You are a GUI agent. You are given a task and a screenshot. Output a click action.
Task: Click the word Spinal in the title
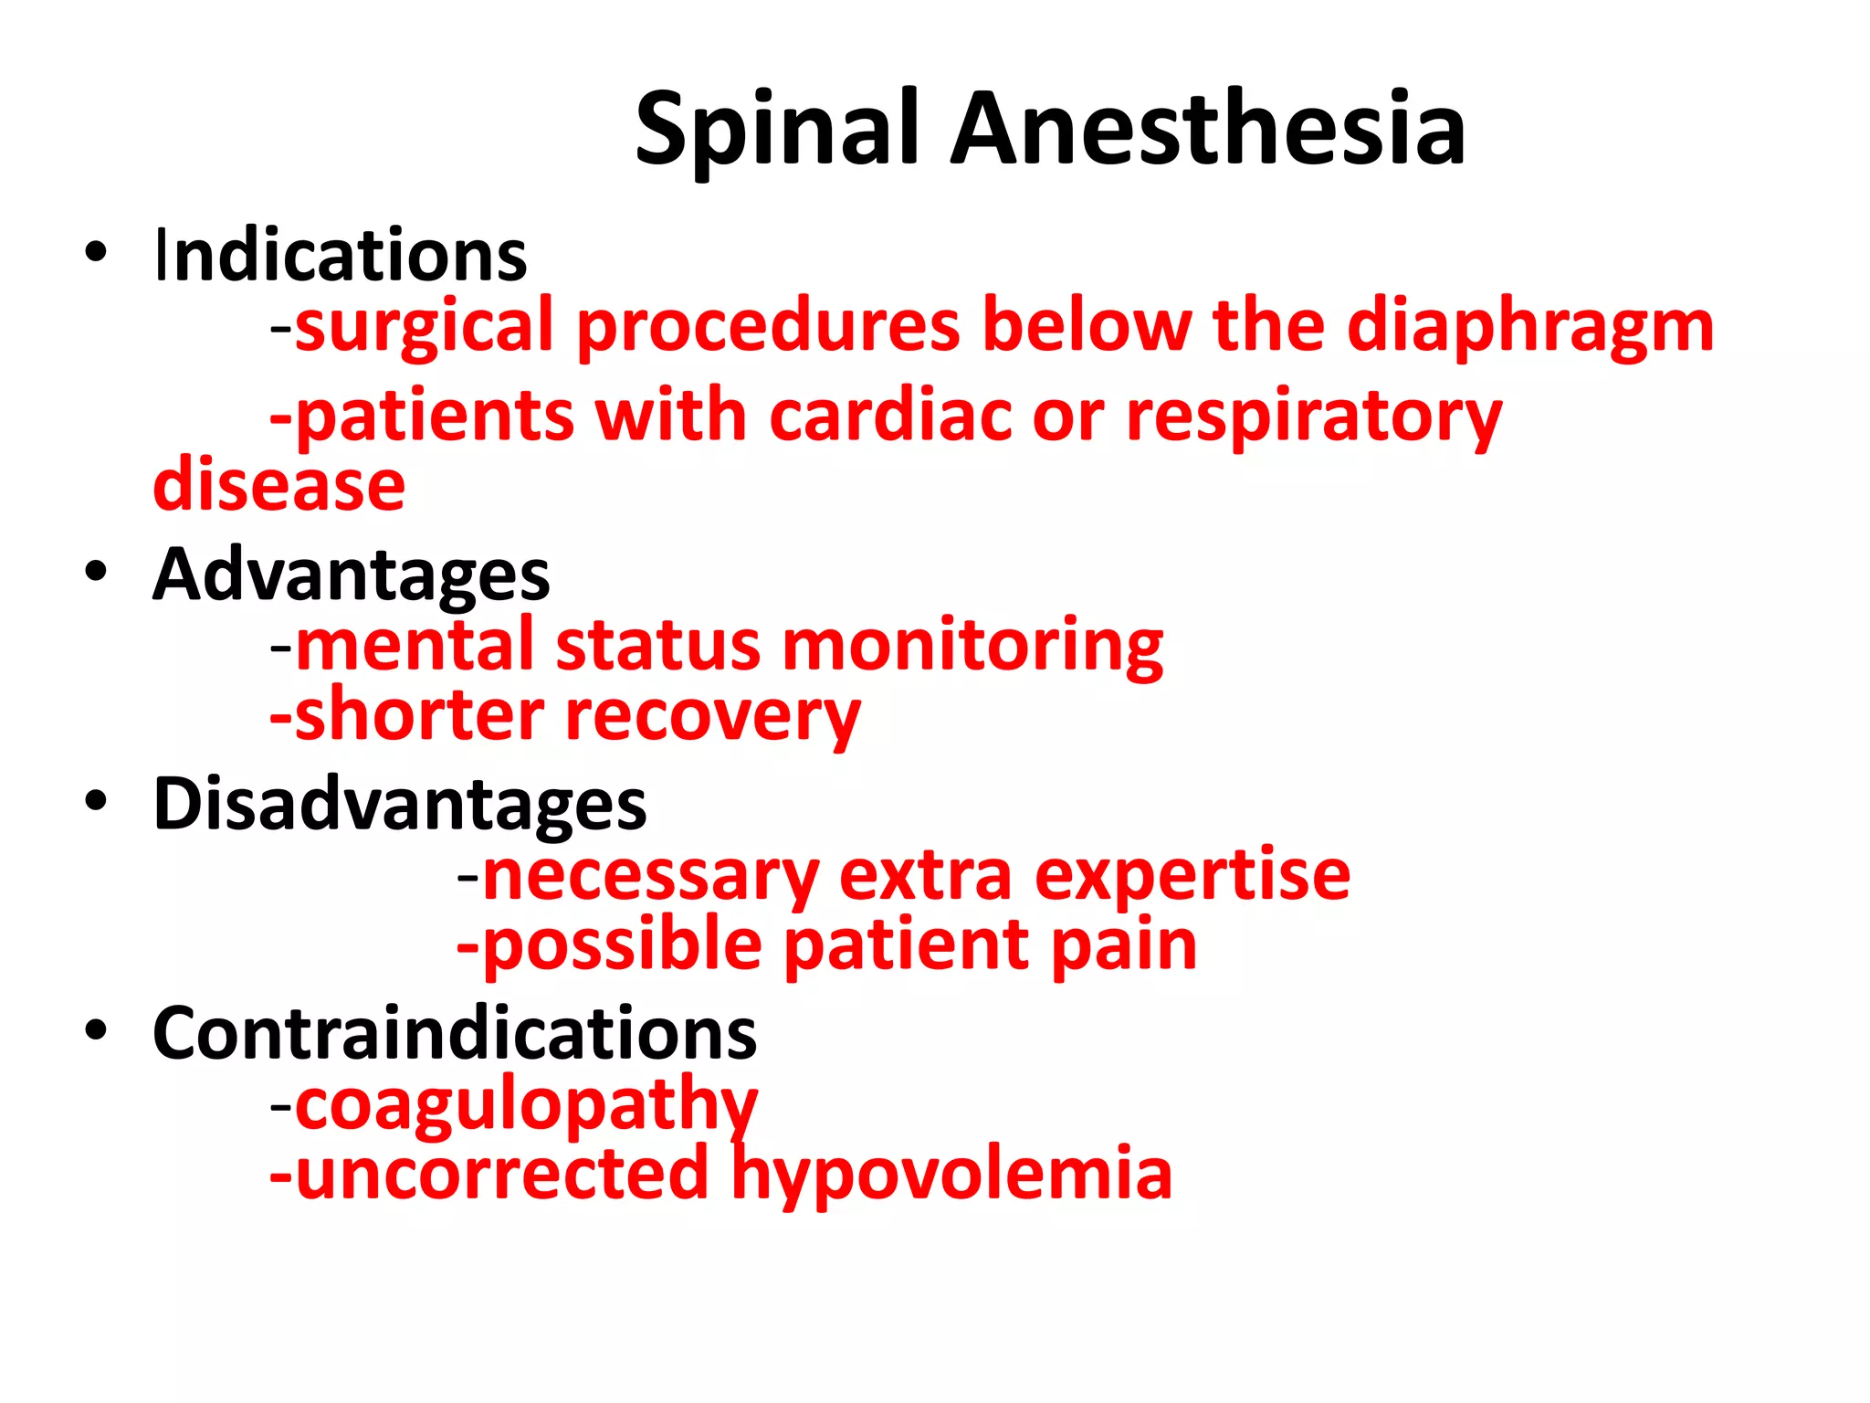pyautogui.click(x=776, y=130)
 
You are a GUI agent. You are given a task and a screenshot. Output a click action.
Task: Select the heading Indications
pyautogui.click(x=341, y=256)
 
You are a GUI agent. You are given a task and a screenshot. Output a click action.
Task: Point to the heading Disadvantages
pyautogui.click(x=400, y=804)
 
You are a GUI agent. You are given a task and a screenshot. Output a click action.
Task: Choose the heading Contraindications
pyautogui.click(x=455, y=1033)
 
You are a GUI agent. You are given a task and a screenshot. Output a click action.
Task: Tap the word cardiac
pyautogui.click(x=890, y=417)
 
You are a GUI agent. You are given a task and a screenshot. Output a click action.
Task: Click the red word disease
pyautogui.click(x=279, y=485)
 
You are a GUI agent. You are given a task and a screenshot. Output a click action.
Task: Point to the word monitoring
pyautogui.click(x=973, y=647)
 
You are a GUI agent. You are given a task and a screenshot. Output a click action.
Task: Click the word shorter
pyautogui.click(x=419, y=715)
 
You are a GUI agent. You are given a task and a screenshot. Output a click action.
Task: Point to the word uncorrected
pyautogui.click(x=502, y=1174)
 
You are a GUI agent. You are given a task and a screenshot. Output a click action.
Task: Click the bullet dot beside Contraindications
pyautogui.click(x=96, y=1029)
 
